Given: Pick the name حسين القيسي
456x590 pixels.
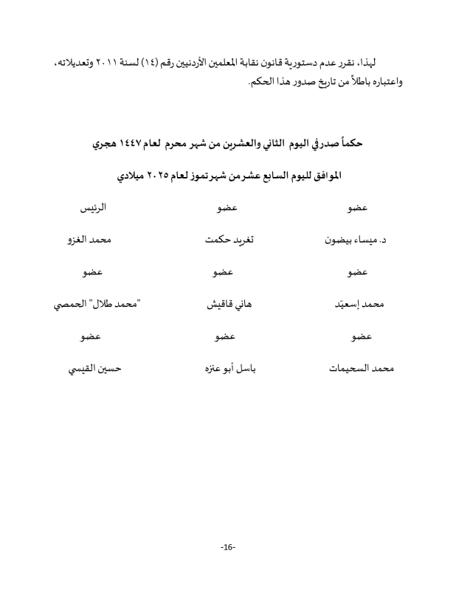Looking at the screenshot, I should [x=93, y=367].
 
